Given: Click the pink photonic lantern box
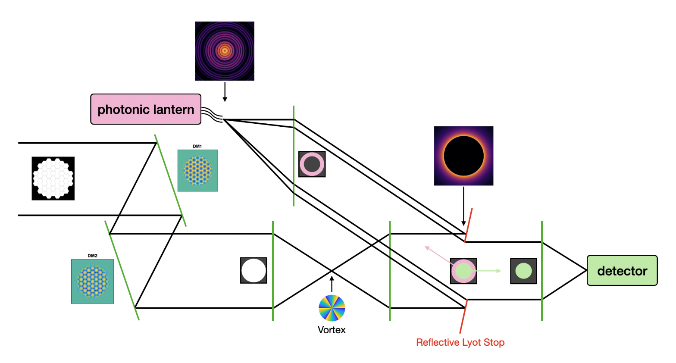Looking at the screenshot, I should [x=146, y=110].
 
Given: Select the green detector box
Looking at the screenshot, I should [x=622, y=271].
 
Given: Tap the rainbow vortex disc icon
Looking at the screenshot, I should [x=332, y=308].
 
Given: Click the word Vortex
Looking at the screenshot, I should [x=332, y=330].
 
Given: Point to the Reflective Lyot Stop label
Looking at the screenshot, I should [x=460, y=342].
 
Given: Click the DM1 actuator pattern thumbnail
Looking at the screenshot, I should [x=197, y=171].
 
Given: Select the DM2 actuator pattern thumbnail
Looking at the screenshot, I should [x=92, y=281].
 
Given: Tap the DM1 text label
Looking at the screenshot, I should [x=197, y=147].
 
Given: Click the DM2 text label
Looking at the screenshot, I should [x=92, y=256].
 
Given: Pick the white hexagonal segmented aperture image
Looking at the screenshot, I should [x=53, y=178].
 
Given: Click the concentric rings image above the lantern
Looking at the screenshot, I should [x=225, y=51].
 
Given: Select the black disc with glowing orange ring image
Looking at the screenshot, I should [x=463, y=156].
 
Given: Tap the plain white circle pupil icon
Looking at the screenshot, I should [x=253, y=270].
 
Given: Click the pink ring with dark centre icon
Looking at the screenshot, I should [x=312, y=164].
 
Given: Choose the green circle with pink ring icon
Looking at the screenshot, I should [x=463, y=271].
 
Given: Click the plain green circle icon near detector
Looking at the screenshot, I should [x=523, y=271].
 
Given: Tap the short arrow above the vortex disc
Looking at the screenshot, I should [x=332, y=284].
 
